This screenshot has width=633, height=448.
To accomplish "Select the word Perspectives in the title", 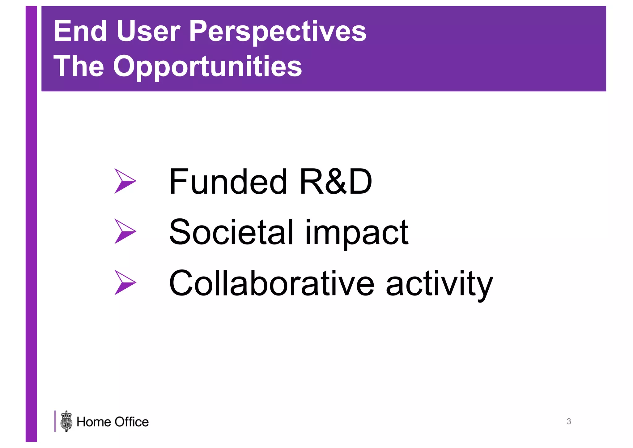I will pos(277,32).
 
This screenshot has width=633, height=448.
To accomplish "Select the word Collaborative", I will pos(272,283).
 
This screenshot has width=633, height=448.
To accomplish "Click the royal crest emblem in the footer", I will pos(66,421).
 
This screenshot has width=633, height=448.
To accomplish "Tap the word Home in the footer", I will pos(94,422).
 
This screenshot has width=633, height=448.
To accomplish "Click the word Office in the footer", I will pos(132,422).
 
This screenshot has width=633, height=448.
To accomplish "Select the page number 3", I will pos(569,421).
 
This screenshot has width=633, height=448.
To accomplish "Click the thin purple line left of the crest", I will pos(55,421).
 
